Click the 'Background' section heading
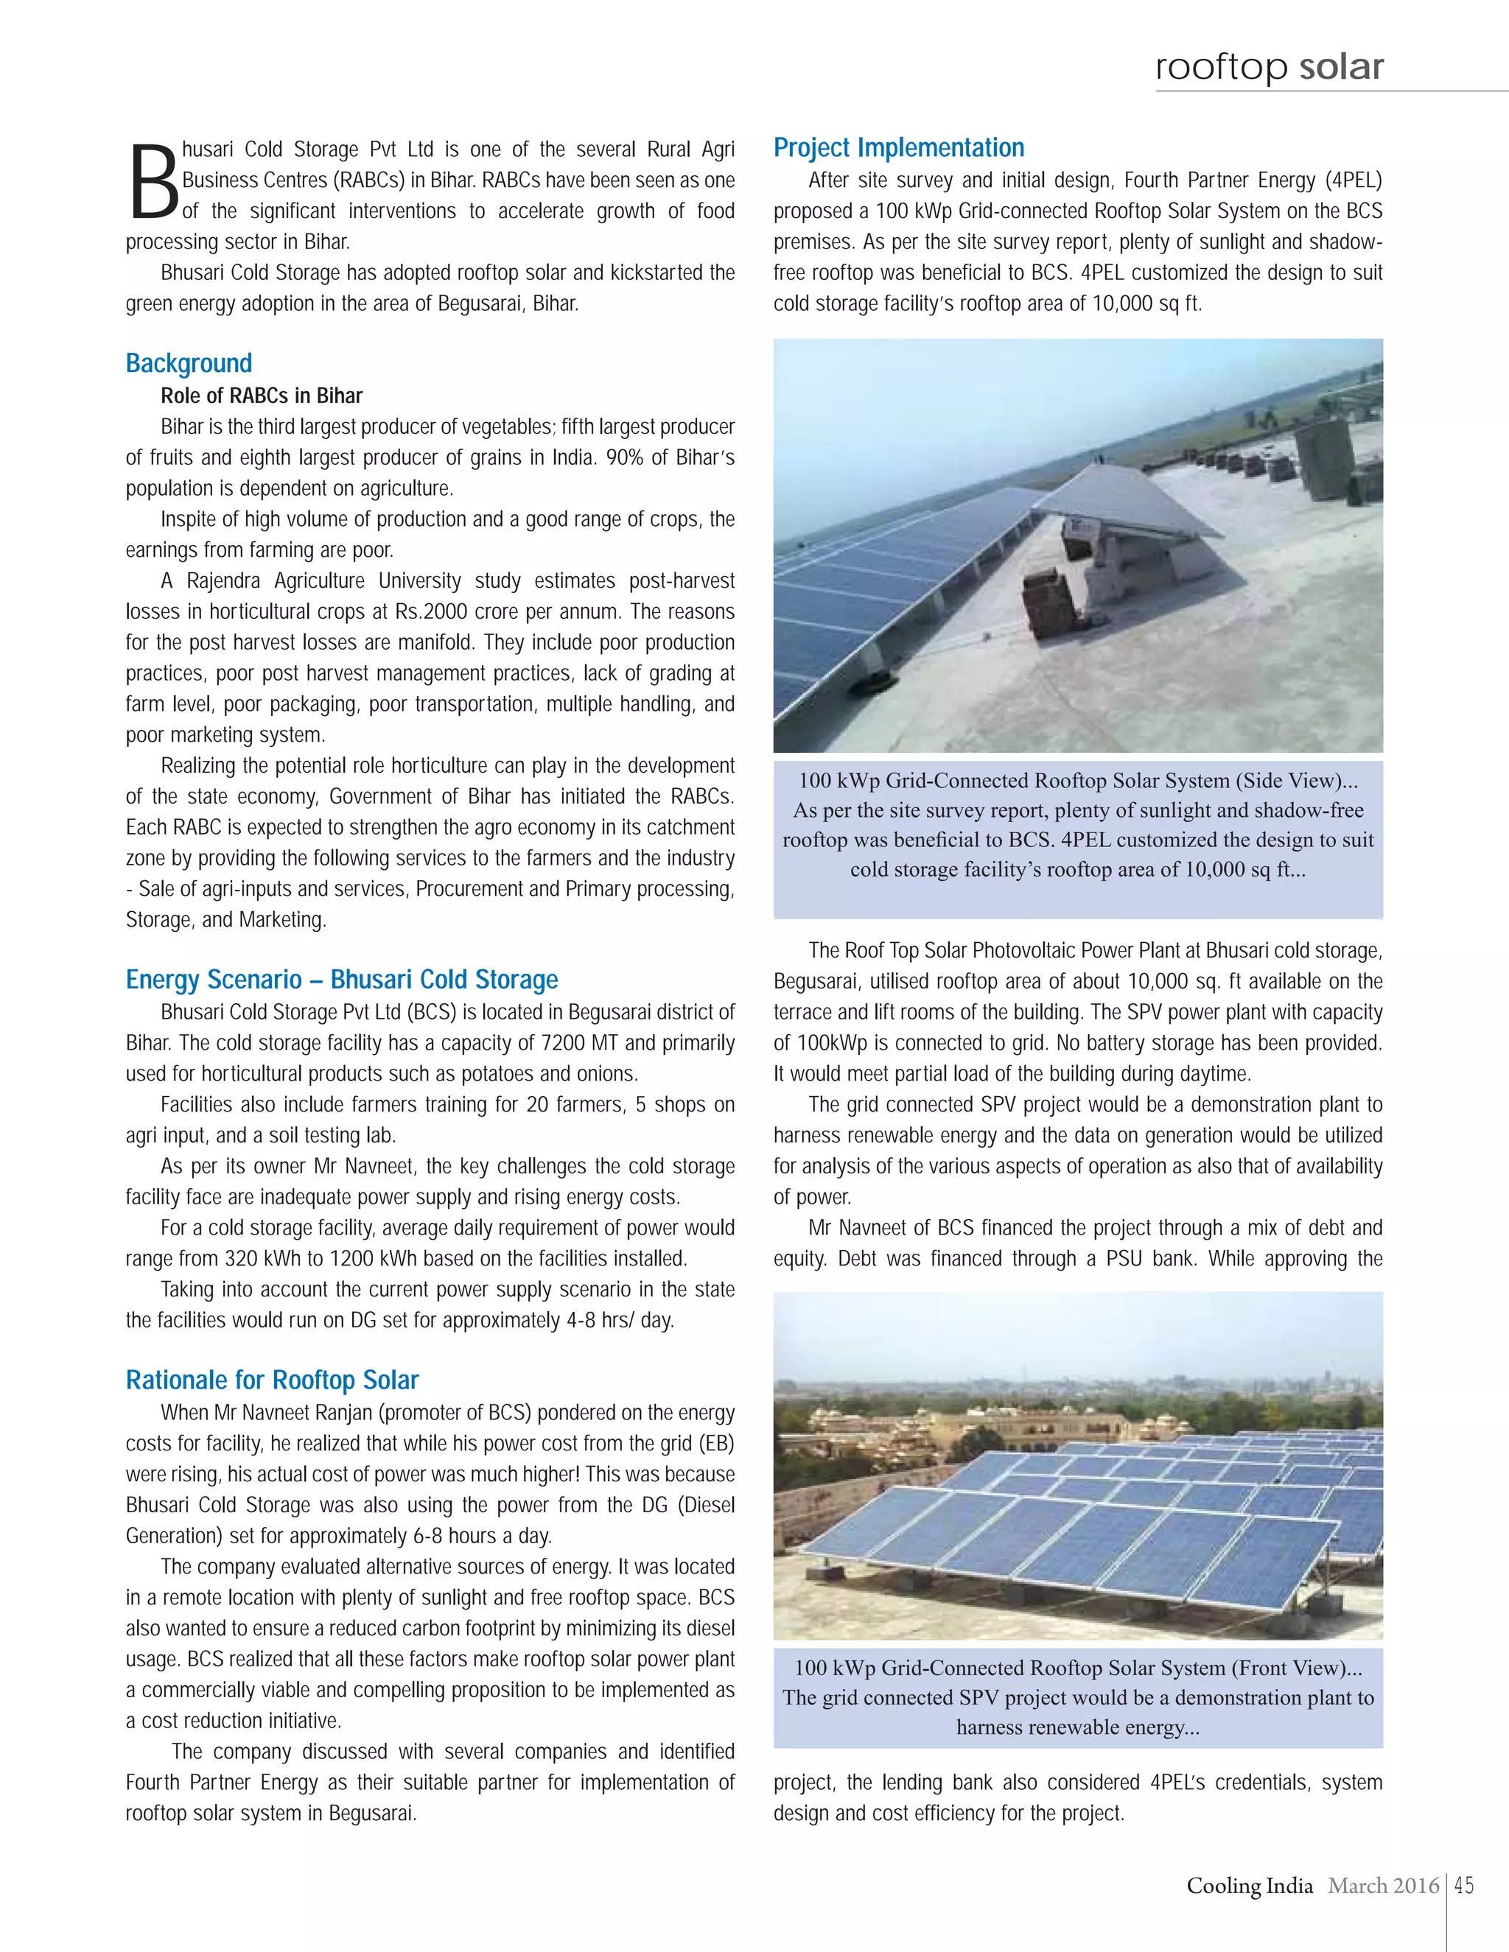click(189, 363)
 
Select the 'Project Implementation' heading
click(898, 147)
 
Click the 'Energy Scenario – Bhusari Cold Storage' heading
click(341, 980)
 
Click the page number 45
click(1464, 1885)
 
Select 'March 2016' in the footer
click(1383, 1885)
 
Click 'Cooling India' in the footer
click(1249, 1885)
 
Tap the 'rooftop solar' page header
click(1270, 66)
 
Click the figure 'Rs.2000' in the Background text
click(432, 611)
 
